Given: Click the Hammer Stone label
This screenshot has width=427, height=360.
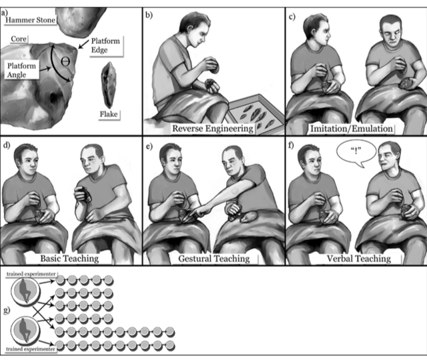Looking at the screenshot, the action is (30, 20).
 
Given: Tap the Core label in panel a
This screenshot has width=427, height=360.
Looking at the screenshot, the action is (19, 39).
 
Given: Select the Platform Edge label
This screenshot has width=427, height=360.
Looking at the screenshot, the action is (105, 45).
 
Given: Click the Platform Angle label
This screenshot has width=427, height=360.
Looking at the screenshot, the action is (21, 70).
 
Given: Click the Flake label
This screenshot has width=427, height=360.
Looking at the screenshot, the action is (109, 114).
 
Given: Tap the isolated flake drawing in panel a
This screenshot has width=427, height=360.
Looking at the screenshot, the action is (109, 85).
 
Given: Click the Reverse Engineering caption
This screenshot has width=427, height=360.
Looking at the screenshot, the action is (213, 129).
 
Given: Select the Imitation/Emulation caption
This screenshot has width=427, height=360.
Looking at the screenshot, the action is (352, 129).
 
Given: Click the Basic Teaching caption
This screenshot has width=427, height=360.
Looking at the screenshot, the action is (69, 258).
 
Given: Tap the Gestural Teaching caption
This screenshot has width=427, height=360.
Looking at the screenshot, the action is (213, 259).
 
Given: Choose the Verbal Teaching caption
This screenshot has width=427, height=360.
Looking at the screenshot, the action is (359, 259).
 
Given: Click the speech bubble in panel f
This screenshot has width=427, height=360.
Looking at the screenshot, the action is (356, 154).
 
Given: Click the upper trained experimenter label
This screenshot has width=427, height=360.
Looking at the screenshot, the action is (31, 274).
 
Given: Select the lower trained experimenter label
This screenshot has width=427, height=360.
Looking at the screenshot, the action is (30, 349).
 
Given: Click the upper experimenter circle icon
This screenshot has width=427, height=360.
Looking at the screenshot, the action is (25, 291).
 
